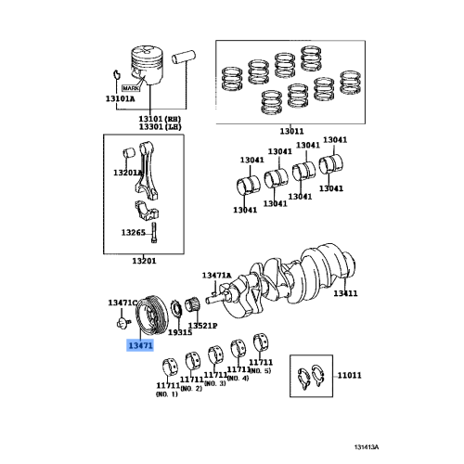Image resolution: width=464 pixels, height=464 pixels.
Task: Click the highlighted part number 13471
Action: pos(141,342)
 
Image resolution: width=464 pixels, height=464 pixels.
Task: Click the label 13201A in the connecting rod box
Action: pos(128,173)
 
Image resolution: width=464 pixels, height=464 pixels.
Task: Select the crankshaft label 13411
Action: pos(346,293)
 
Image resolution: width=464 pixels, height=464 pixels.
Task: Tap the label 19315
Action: pos(179,330)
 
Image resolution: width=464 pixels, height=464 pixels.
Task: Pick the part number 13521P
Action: pos(202,326)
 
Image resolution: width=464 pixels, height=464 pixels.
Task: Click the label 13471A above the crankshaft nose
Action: pos(217,276)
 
